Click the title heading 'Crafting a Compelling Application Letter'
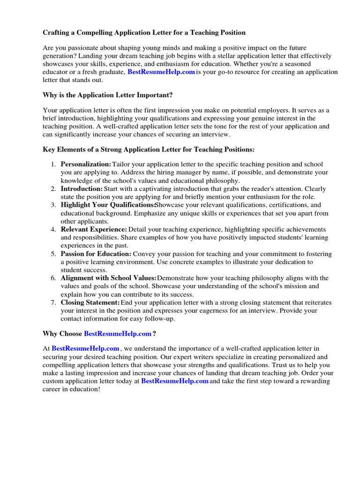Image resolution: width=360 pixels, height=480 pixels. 144,33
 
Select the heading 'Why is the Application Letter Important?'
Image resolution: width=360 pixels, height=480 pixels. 108,95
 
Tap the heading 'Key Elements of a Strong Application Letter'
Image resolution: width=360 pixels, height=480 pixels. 149,150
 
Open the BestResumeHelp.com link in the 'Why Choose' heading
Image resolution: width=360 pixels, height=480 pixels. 118,334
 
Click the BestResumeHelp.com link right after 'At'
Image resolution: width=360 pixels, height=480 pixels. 85,349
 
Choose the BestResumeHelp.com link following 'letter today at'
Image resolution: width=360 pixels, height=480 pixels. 174,381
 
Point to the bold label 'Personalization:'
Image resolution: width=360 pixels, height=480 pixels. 86,164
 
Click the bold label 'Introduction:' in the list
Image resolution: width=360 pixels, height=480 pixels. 81,188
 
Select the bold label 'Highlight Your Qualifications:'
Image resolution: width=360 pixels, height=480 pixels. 107,205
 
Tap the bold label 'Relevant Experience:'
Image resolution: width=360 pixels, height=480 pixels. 94,229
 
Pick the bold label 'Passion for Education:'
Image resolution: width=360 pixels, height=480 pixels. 96,254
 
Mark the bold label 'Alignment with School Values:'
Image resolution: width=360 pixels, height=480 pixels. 109,278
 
